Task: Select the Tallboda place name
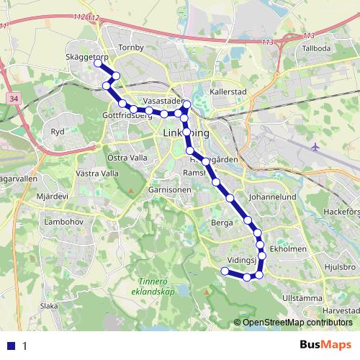click(x=317, y=49)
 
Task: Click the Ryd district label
click(x=58, y=132)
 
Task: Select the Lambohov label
click(x=61, y=223)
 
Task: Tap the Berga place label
click(x=222, y=223)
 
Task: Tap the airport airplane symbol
click(x=317, y=148)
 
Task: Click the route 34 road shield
click(x=15, y=96)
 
